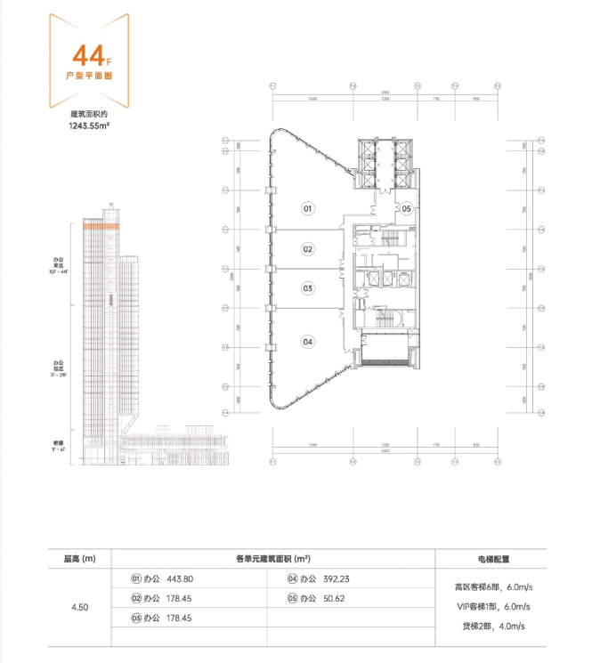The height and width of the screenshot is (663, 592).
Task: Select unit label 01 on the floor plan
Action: [x=307, y=208]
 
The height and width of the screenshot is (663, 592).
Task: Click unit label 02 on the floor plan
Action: [x=307, y=249]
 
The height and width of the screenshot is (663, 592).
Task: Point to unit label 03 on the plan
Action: [x=307, y=288]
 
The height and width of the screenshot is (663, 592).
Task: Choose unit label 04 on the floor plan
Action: [x=307, y=341]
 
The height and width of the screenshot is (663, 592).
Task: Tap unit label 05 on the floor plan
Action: [x=405, y=209]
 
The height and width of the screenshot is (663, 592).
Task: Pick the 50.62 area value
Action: [x=335, y=598]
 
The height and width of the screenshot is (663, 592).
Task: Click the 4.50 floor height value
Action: [x=79, y=607]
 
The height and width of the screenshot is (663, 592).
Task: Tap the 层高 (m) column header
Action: [x=79, y=559]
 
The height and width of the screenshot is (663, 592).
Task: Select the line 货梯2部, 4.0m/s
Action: [x=492, y=627]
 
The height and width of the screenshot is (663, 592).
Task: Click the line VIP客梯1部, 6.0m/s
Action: [x=492, y=607]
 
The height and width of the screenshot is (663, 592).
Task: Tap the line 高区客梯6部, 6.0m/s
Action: [x=492, y=587]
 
